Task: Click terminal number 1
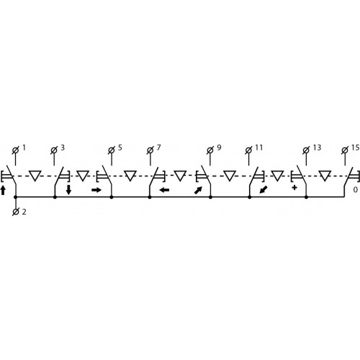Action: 24,148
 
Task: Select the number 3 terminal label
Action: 63,148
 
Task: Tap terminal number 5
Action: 120,148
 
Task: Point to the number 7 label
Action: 158,148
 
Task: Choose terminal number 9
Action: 219,148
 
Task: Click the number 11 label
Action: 258,148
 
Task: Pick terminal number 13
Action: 317,148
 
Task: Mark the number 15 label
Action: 356,148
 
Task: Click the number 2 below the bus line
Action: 24,212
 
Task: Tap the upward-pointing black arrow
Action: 3,190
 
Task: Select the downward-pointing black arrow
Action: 68,189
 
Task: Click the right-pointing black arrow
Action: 96,190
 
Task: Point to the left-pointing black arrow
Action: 165,190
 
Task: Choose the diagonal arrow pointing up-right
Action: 198,191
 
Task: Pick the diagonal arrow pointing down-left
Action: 264,190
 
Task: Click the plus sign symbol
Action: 294,188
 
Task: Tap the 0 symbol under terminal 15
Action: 356,190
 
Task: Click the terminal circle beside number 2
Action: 16,212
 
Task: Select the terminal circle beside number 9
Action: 210,150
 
